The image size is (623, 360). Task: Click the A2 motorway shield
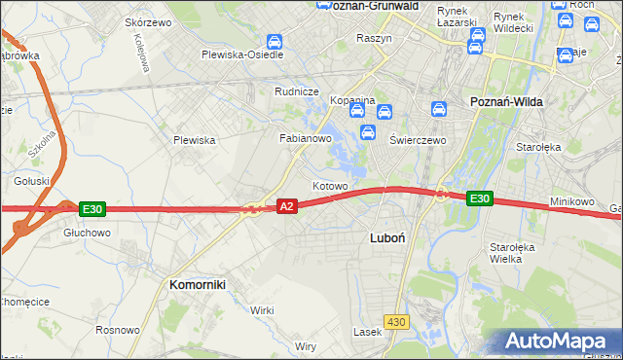(x=286, y=206)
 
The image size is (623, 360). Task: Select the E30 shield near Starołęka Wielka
(x=478, y=198)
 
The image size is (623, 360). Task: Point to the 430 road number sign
(x=395, y=321)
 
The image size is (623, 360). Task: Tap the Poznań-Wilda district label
(x=506, y=101)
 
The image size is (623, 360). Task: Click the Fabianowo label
(x=307, y=138)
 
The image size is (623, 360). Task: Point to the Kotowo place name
(x=330, y=185)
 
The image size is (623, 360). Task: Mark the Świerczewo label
(x=418, y=139)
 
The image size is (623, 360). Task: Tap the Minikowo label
(x=571, y=201)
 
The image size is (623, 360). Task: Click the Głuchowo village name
(x=88, y=233)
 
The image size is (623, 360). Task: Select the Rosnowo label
(x=118, y=330)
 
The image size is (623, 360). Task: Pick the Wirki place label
(x=262, y=309)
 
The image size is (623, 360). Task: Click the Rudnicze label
(x=297, y=91)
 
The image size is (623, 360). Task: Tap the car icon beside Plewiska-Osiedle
(x=275, y=42)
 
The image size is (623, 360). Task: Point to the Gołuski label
(x=32, y=181)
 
